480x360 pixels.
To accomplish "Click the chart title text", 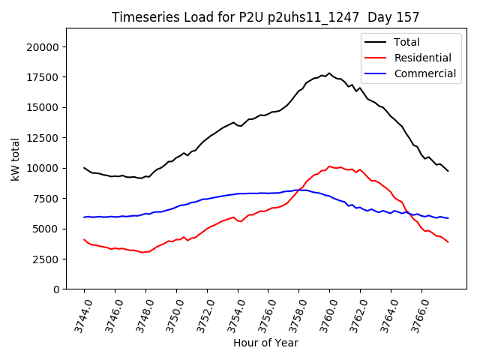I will click(x=265, y=17).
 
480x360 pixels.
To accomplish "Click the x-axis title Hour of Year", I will click(x=265, y=343).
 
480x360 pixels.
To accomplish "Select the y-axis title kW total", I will click(x=16, y=158).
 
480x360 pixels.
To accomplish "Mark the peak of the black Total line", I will click(x=328, y=73).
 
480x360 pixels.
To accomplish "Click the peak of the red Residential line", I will click(x=329, y=166).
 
